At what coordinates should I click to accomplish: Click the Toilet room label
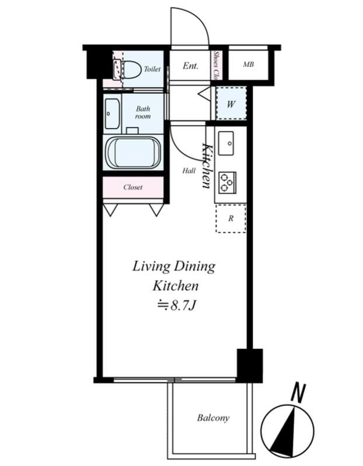(152, 69)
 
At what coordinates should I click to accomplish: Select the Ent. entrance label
(190, 65)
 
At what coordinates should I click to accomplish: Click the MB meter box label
(249, 64)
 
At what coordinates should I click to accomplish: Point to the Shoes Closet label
(217, 66)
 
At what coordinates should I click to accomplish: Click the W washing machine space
(231, 103)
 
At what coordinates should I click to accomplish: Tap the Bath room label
(143, 112)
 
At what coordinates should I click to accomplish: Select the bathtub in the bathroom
(133, 153)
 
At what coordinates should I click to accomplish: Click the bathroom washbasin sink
(112, 114)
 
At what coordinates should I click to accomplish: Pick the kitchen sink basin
(226, 143)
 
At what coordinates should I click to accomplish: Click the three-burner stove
(227, 183)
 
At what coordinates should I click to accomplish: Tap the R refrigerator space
(231, 218)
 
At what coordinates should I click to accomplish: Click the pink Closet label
(133, 187)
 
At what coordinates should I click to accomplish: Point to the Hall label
(189, 171)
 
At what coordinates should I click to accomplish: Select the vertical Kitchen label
(207, 166)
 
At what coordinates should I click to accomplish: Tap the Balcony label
(213, 418)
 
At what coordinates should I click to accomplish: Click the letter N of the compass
(298, 393)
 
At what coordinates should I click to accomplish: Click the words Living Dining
(173, 266)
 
